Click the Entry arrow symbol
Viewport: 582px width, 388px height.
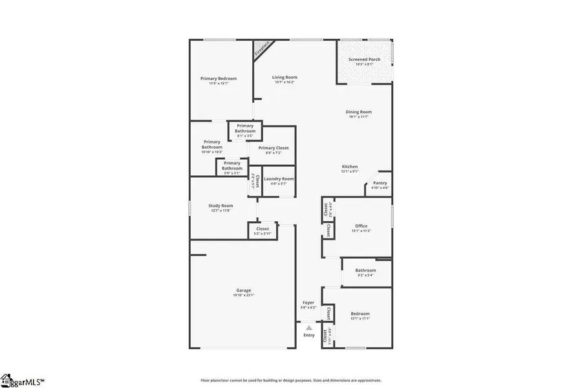click(309, 328)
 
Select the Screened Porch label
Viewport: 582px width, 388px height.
click(364, 59)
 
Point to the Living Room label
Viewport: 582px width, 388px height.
click(285, 78)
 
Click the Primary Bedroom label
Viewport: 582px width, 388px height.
click(218, 78)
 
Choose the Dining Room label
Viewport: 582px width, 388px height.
click(360, 112)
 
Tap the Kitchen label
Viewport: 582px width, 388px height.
click(350, 167)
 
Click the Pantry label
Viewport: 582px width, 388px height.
click(380, 183)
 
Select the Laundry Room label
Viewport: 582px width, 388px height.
click(279, 178)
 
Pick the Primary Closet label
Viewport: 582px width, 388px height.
click(274, 148)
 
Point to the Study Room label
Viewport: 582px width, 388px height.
click(221, 206)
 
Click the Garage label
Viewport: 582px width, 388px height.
click(243, 290)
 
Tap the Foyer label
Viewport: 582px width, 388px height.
click(308, 303)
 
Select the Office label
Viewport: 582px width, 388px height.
click(361, 226)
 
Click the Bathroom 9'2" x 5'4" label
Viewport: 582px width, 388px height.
click(365, 270)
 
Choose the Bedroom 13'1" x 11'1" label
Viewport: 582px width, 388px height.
click(360, 314)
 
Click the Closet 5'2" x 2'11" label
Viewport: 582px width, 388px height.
click(263, 228)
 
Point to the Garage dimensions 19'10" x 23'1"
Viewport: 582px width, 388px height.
click(243, 296)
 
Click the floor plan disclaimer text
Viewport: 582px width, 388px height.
click(291, 380)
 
